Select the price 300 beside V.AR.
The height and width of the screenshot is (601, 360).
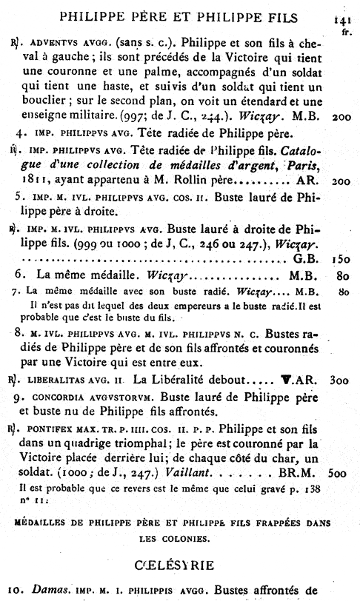(x=341, y=380)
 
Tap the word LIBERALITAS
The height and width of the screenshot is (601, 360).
(x=53, y=381)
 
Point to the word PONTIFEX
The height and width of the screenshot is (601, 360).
(x=45, y=429)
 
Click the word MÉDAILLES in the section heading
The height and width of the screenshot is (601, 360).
(x=41, y=522)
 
